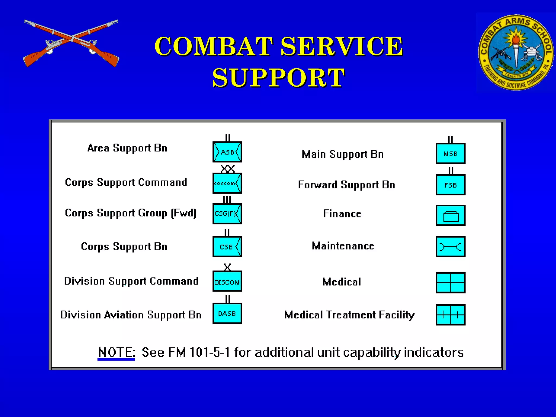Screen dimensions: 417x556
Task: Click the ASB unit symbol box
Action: (x=227, y=152)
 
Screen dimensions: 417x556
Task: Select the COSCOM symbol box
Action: (x=227, y=183)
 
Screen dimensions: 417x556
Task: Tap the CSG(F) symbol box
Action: (x=227, y=214)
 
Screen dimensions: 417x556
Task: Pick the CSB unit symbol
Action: (x=227, y=247)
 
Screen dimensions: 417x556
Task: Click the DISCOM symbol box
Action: (x=227, y=281)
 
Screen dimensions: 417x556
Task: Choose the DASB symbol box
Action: (x=227, y=314)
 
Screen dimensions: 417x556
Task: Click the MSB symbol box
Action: (x=451, y=154)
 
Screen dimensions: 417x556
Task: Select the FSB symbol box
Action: (x=451, y=185)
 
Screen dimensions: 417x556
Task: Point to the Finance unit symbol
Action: (x=451, y=216)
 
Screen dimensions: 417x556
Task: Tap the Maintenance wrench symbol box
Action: (x=451, y=247)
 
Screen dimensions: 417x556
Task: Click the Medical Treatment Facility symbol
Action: (x=451, y=315)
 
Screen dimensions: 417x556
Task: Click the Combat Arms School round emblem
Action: (x=516, y=53)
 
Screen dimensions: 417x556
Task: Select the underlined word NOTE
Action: (x=116, y=352)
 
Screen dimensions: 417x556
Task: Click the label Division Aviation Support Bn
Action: (x=131, y=315)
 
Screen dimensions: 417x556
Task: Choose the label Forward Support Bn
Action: (x=346, y=185)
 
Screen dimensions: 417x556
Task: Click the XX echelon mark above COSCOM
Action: (x=228, y=169)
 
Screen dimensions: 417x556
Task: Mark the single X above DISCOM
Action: (x=227, y=267)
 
